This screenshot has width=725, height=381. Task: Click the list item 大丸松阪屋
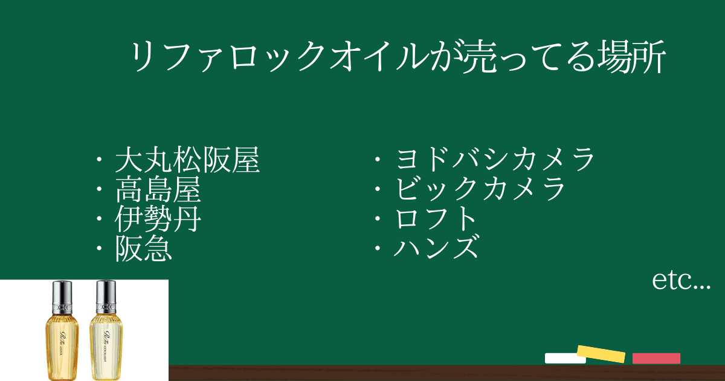[187, 160]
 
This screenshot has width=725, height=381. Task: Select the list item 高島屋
[158, 189]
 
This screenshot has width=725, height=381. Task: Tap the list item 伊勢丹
[158, 219]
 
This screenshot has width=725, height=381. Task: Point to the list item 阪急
[143, 248]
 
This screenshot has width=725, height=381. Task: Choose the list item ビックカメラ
[480, 189]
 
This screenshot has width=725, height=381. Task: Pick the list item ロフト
[436, 218]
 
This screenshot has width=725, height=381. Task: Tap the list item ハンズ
[436, 247]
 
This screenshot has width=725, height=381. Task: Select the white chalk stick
[565, 358]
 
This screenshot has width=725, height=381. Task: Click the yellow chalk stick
[601, 354]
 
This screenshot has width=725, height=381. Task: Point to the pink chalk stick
[656, 358]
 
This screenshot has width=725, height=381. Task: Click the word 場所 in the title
[632, 56]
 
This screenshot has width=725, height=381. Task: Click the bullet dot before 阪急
[99, 249]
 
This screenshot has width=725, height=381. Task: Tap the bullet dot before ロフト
[378, 219]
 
